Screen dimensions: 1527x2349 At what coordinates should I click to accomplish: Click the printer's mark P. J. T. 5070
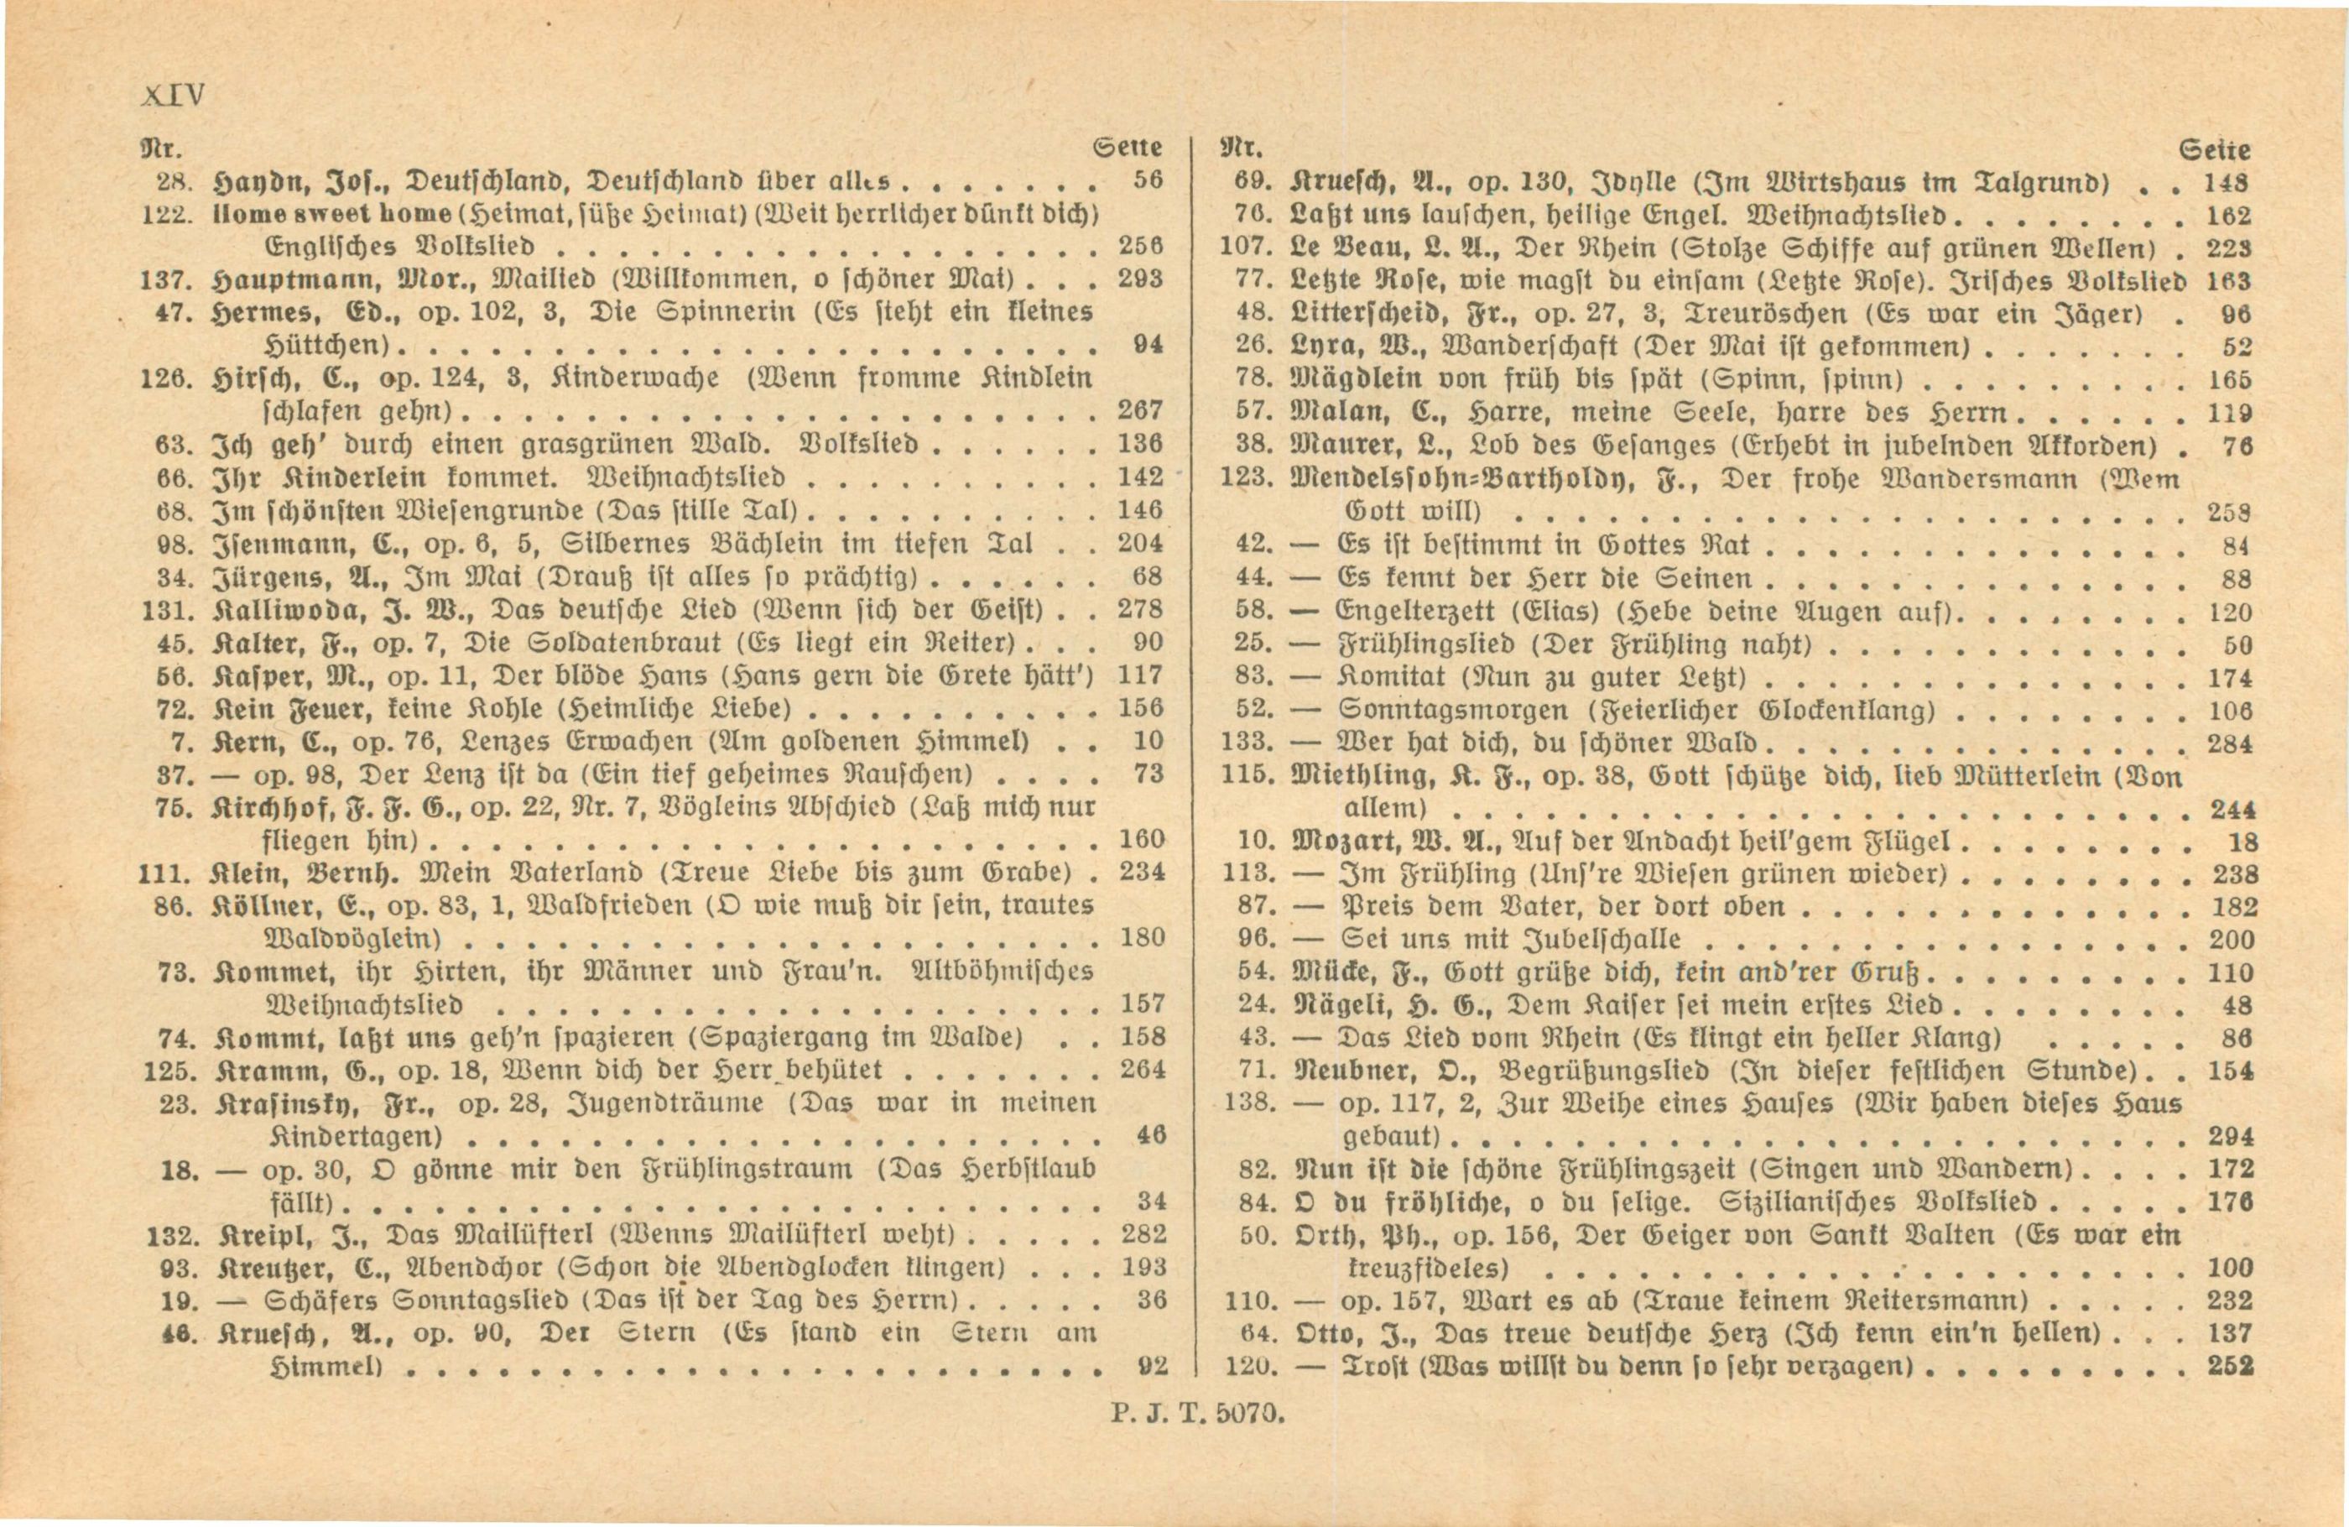[1197, 1414]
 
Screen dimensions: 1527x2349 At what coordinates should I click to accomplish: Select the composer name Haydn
[258, 181]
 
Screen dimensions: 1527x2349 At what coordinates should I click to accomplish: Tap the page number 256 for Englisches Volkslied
[1141, 246]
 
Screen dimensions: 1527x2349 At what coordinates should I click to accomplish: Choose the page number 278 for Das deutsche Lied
[1141, 609]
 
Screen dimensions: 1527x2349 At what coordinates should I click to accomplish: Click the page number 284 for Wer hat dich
[2230, 743]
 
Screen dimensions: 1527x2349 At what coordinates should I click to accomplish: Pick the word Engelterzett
[1419, 611]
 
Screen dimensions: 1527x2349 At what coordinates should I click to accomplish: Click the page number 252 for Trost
[2230, 1366]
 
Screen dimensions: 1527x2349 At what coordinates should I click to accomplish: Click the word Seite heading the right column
[2214, 150]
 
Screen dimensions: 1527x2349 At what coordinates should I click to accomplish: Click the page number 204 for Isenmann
[1141, 543]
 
